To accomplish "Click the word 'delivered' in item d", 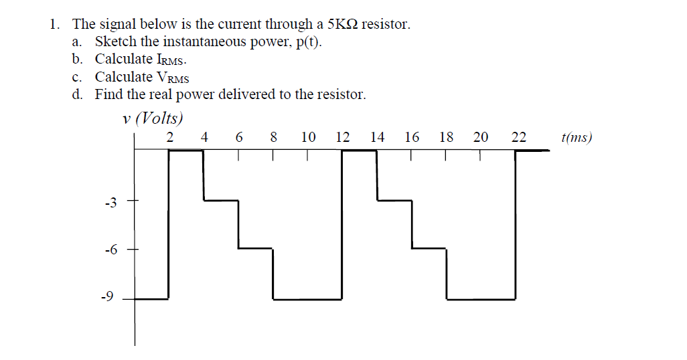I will tap(243, 94).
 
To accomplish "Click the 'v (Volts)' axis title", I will tap(153, 119).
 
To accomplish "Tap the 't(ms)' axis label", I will tap(577, 138).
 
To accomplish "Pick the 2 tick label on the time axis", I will tap(169, 138).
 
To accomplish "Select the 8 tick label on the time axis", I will tap(273, 138).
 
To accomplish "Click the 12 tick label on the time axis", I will tap(342, 138).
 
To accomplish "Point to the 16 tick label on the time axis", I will tap(412, 138).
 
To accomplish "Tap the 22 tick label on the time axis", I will tap(518, 138).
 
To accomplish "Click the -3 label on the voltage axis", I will tap(111, 202).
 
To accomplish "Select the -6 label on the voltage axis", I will tap(111, 250).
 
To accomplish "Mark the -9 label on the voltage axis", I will tap(111, 297).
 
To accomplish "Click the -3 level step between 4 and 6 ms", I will tap(221, 199).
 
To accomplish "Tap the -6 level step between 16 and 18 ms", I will tap(429, 248).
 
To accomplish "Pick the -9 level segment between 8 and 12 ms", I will tap(307, 298).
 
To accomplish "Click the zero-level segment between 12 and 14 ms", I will tap(360, 151).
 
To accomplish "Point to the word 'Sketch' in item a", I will tap(115, 42).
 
